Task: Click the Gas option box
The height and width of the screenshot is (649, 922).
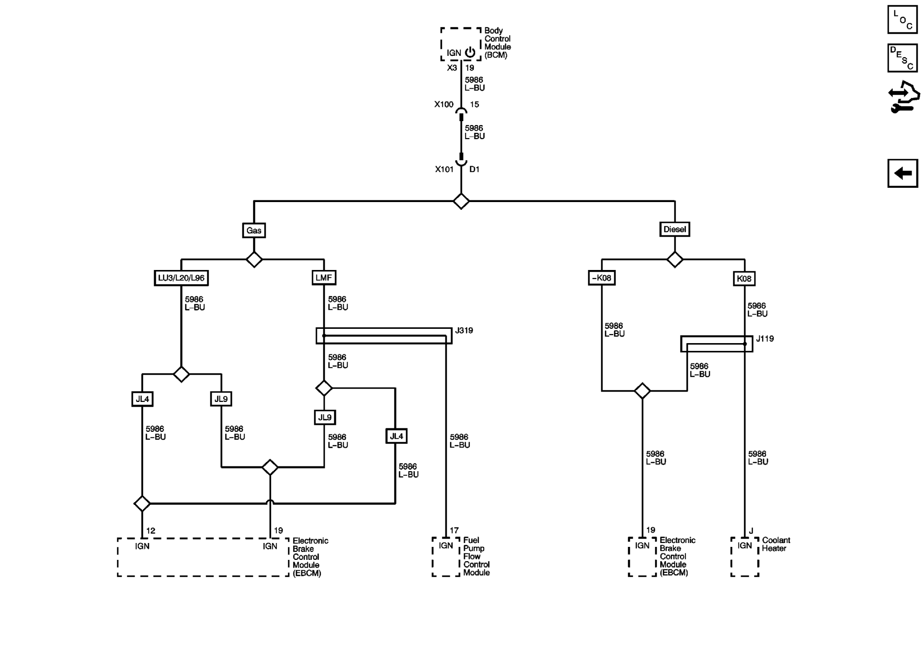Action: point(254,230)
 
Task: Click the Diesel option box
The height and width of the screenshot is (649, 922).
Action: point(674,229)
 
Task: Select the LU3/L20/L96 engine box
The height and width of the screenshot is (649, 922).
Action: point(181,278)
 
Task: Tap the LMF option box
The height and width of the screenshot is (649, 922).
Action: point(323,277)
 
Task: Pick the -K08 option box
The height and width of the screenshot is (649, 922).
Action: point(601,278)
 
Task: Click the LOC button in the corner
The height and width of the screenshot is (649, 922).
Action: point(903,20)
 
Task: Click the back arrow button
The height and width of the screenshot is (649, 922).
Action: point(903,173)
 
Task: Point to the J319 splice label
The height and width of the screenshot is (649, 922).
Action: point(464,331)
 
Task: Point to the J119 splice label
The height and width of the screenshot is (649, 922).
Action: point(765,339)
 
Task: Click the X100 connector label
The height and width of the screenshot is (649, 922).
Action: point(444,104)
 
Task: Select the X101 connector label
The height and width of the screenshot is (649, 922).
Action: point(444,169)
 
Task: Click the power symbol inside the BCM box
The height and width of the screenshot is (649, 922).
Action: point(470,52)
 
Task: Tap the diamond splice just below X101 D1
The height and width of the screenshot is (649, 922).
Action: point(461,201)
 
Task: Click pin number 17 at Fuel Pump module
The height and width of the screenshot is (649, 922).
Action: point(454,530)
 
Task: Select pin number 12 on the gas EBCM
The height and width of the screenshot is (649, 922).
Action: point(150,530)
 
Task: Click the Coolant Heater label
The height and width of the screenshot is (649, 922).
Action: point(776,544)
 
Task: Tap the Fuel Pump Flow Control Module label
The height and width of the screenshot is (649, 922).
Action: point(476,556)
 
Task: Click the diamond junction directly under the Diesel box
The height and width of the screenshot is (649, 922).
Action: point(674,260)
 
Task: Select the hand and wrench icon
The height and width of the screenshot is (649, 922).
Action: point(903,97)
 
